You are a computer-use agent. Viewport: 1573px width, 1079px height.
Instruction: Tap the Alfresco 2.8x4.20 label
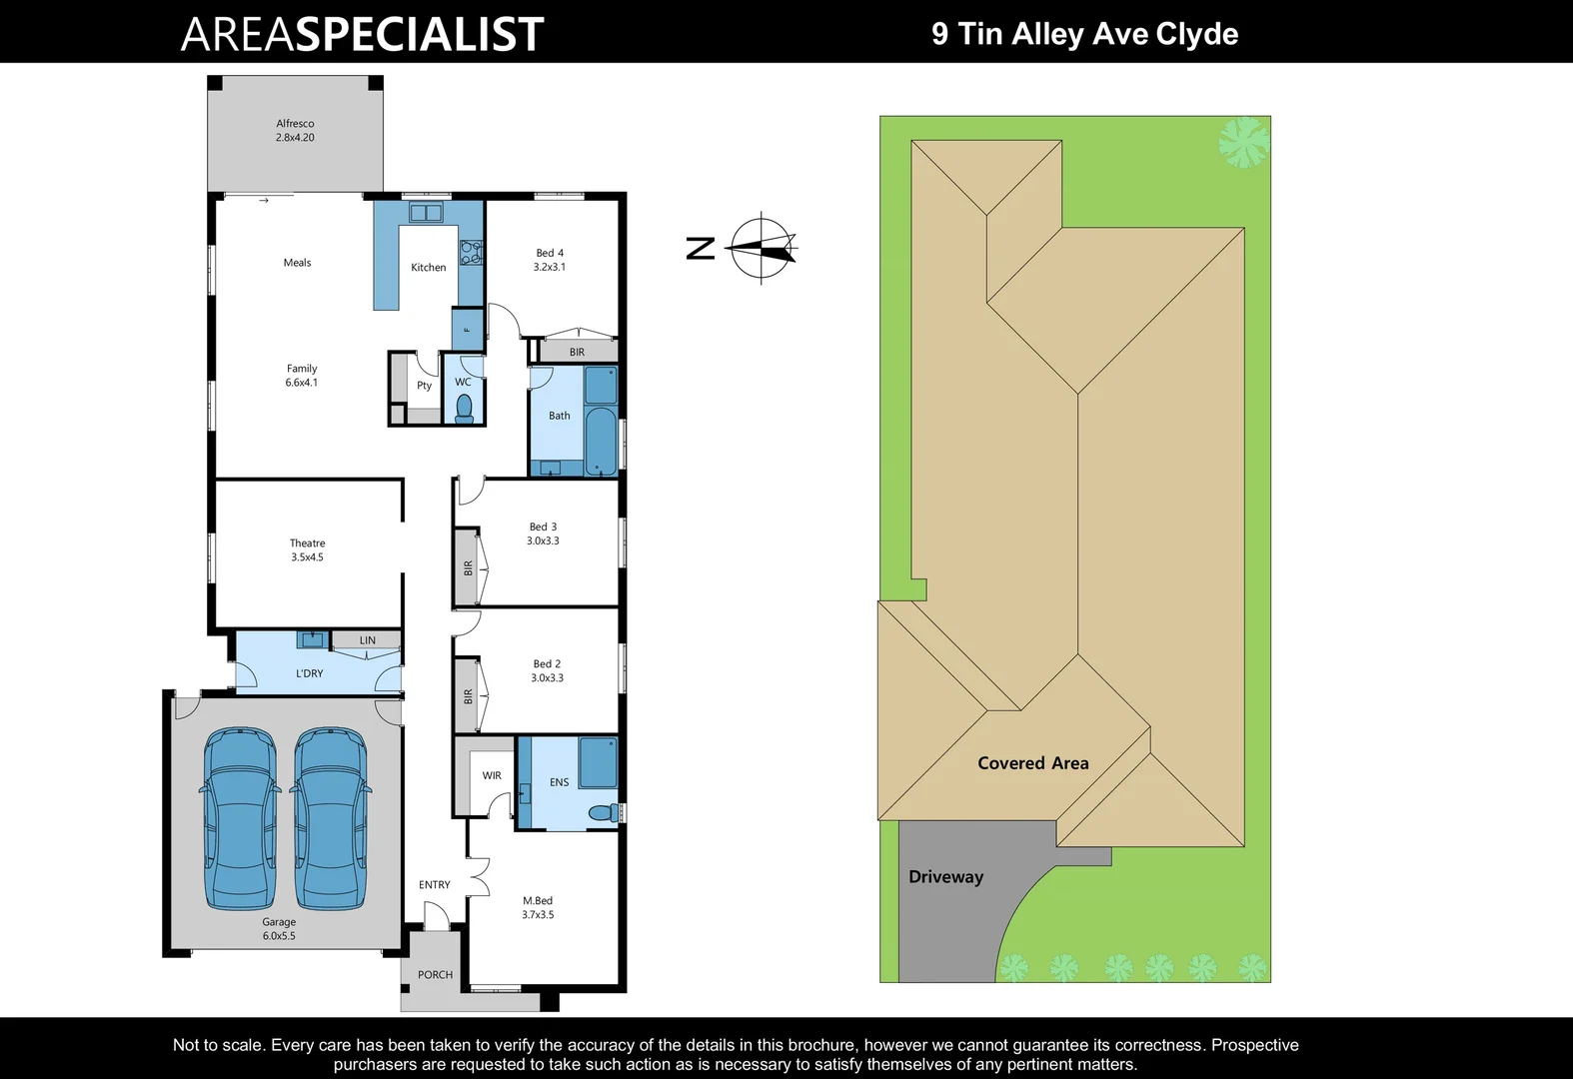point(295,131)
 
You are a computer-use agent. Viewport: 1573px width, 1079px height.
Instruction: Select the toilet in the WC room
point(464,408)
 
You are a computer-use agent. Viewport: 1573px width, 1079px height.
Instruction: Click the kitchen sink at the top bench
point(426,213)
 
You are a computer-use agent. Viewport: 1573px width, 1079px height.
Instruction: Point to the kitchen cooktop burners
point(471,252)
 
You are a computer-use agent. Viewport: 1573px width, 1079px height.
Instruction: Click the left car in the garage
point(241,819)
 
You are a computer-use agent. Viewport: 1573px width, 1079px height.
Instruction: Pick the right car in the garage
point(330,819)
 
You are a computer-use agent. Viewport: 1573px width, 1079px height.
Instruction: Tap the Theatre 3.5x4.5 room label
point(307,550)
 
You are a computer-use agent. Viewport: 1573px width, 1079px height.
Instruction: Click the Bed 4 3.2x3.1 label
point(549,260)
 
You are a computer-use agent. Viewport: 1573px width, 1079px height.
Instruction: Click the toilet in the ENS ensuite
point(603,813)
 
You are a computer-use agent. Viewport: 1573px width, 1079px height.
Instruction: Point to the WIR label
point(492,775)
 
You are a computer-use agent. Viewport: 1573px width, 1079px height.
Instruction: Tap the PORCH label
point(435,975)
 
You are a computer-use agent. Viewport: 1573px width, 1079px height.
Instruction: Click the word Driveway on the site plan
point(945,877)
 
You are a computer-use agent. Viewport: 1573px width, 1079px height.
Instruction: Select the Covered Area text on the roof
point(1032,763)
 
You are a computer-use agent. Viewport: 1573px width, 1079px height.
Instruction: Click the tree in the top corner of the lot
point(1243,141)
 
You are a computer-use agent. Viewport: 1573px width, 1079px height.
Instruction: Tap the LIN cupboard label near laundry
point(368,640)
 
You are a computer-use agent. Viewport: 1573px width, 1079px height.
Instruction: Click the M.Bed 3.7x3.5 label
point(538,907)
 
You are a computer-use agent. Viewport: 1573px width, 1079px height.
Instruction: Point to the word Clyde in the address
point(1196,34)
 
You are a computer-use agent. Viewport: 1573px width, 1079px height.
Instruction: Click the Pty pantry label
point(425,386)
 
